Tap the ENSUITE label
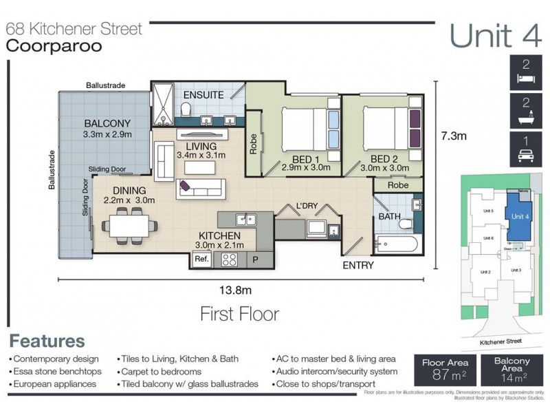(x=203, y=95)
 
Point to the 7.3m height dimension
(x=453, y=136)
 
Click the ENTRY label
(x=357, y=265)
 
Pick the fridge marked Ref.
(x=201, y=260)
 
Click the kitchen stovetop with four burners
(x=230, y=260)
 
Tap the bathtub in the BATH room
(x=395, y=244)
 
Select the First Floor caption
(x=239, y=315)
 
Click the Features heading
(x=47, y=341)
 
